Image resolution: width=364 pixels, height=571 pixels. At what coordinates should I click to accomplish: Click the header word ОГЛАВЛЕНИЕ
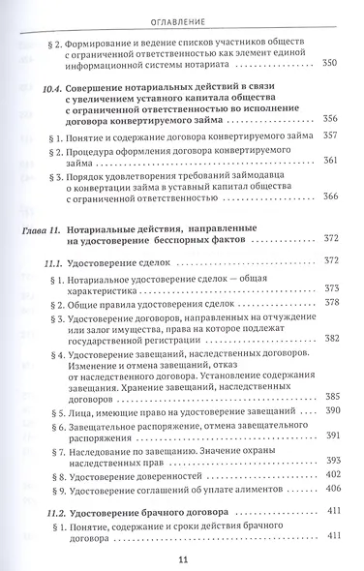click(182, 16)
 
